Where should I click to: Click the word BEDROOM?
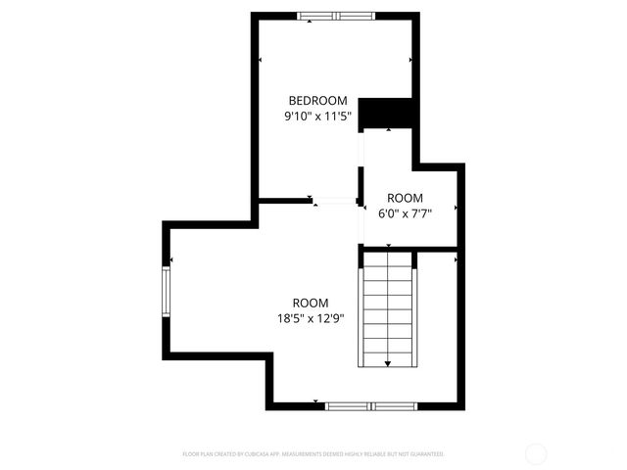coord(317,100)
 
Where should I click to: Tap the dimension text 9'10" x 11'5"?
coord(317,116)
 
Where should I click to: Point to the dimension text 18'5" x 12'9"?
coord(311,318)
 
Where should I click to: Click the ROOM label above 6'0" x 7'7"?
coord(405,197)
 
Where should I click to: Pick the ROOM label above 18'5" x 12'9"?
coord(311,303)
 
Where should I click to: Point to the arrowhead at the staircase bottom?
coord(387,363)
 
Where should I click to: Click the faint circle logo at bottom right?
coord(536,454)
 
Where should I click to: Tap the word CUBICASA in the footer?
coord(251,454)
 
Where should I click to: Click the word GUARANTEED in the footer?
coord(424,454)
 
